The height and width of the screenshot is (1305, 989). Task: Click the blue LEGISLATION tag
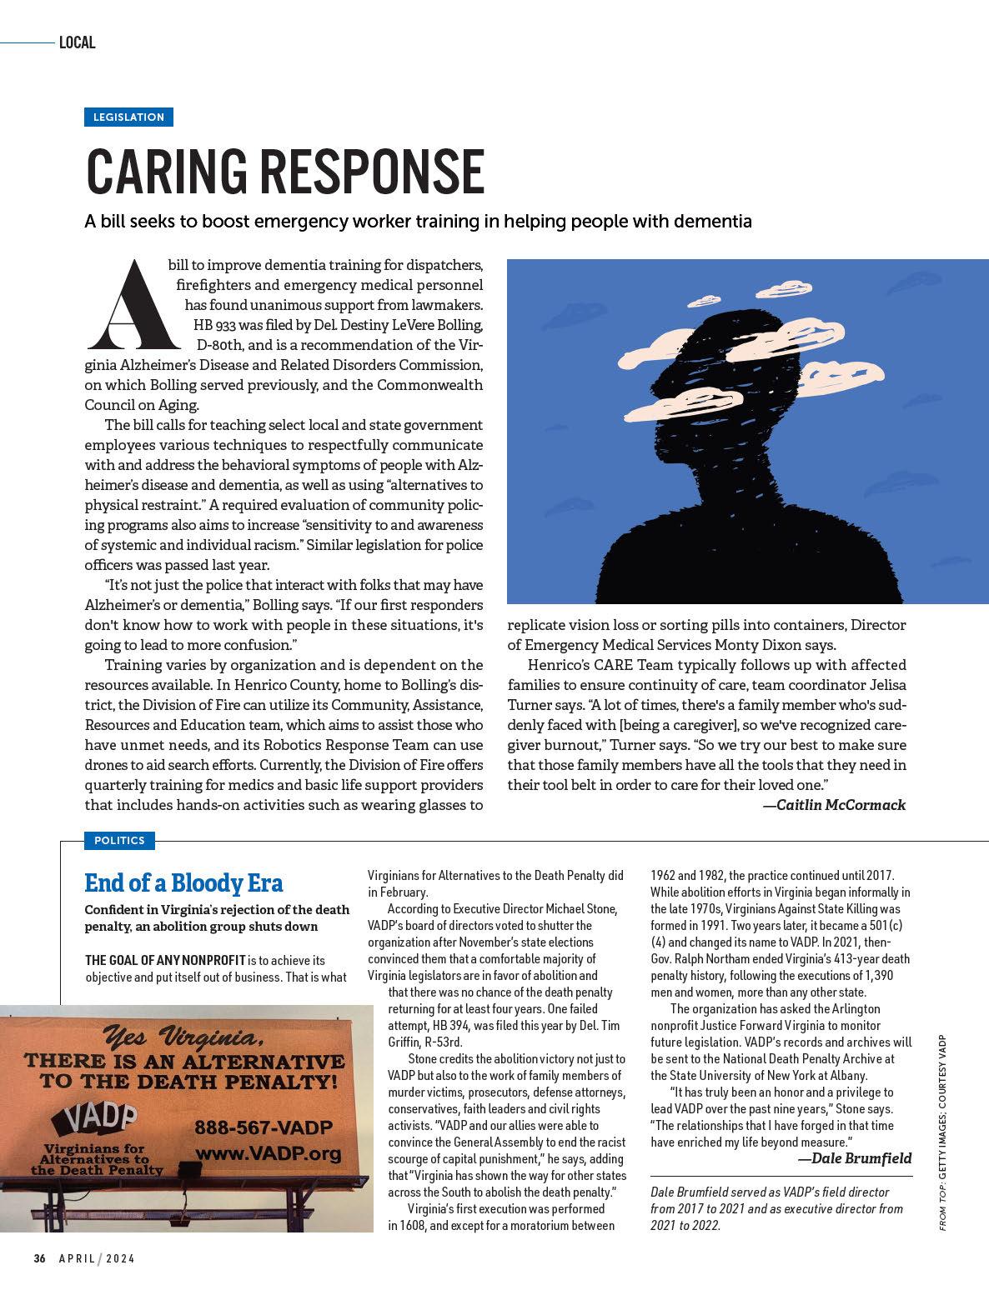point(128,117)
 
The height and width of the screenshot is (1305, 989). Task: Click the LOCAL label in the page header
point(78,42)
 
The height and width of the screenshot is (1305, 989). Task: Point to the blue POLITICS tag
point(119,841)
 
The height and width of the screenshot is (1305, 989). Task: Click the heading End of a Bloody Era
point(183,882)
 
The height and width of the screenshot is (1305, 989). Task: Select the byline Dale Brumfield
point(855,1158)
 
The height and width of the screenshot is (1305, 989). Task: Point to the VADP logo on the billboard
point(93,1118)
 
